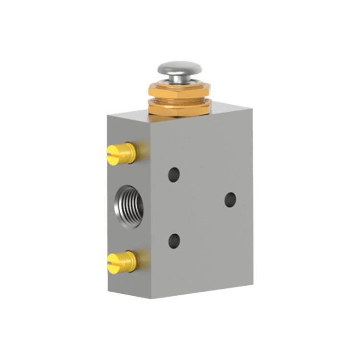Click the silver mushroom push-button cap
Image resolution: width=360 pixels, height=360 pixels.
click(x=179, y=68)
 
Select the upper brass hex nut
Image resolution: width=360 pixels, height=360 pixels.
click(x=179, y=90)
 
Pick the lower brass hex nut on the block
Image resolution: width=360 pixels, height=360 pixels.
click(x=179, y=107)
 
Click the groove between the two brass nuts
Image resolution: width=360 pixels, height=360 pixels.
click(x=179, y=98)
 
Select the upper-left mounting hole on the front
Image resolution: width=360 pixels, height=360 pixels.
click(x=174, y=174)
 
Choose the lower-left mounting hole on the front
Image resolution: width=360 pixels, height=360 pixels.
click(x=174, y=240)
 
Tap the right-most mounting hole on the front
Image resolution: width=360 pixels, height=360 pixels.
click(x=230, y=200)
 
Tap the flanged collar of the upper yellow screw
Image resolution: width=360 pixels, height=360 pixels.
click(x=131, y=152)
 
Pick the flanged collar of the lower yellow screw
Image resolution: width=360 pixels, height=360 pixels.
click(x=131, y=260)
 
